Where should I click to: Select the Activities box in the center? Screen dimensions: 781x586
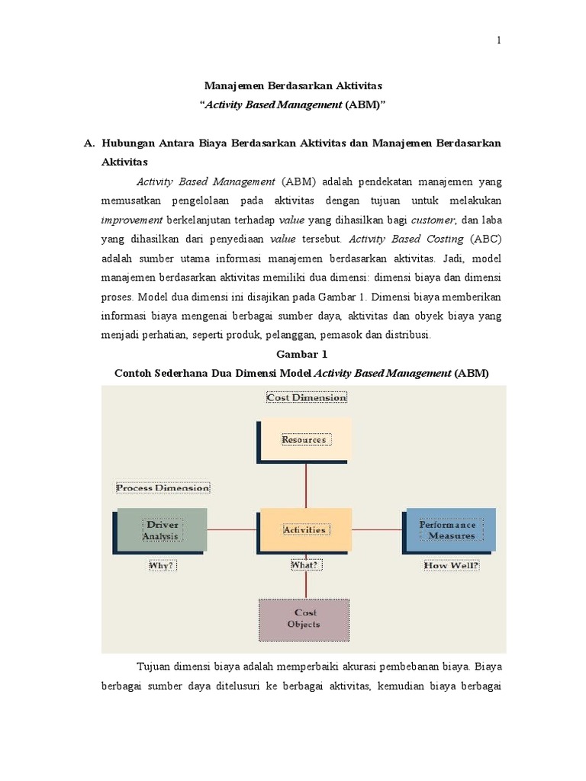coord(305,529)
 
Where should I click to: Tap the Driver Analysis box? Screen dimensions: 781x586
coord(161,529)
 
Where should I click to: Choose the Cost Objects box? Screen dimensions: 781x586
coord(304,619)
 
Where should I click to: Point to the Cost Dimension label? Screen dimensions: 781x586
coord(306,397)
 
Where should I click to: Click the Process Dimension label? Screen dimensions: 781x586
coord(163,487)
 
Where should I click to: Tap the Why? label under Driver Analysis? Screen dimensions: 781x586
coord(161,566)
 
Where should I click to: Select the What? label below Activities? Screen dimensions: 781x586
coord(306,566)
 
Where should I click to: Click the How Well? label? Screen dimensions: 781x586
coord(452,566)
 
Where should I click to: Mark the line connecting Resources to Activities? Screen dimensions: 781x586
coord(306,484)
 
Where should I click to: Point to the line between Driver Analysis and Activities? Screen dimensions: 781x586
coord(233,529)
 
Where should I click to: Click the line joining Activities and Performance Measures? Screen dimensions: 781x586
coord(377,529)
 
